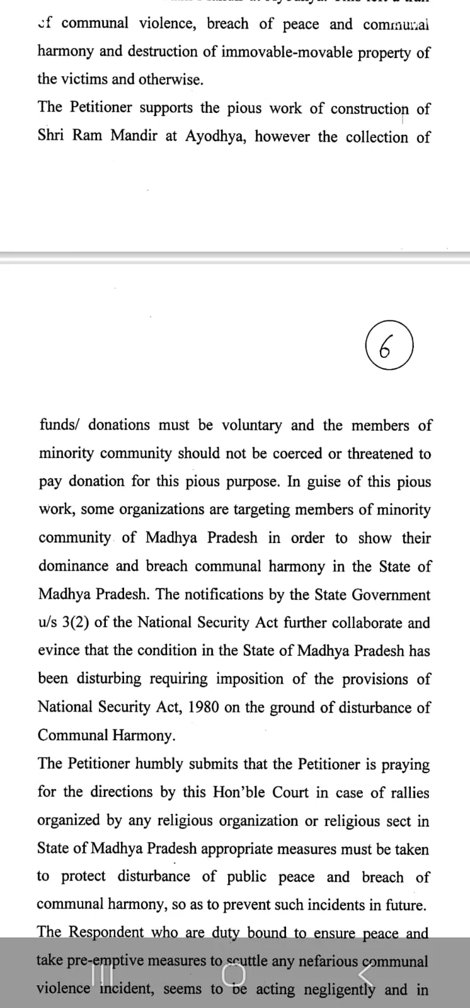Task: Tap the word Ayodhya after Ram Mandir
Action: [x=214, y=136]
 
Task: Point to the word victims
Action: [x=86, y=79]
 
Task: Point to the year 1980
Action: [x=203, y=707]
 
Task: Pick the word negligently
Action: [x=340, y=990]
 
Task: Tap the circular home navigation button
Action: [x=234, y=973]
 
